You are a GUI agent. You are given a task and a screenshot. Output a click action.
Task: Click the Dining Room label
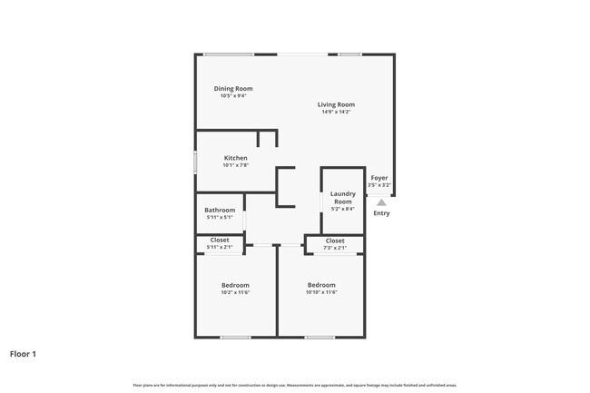coord(233,88)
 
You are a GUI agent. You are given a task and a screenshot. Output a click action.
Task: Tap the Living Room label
coord(336,104)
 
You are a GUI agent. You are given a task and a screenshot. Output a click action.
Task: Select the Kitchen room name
coord(235,158)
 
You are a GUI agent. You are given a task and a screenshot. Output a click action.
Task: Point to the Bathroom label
coord(220,210)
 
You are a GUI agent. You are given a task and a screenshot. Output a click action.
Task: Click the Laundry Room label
coord(342,197)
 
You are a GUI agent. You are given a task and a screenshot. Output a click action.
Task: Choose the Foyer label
coord(379,179)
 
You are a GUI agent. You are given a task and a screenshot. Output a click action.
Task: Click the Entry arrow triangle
coord(381,202)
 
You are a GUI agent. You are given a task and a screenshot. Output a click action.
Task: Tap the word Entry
coord(381,213)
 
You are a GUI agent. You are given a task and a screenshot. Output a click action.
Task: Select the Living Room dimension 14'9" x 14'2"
coord(336,113)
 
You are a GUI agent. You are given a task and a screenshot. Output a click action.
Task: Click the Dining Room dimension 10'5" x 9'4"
coord(233,95)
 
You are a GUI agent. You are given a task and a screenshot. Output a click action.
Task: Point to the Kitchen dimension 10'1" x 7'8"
coord(235,165)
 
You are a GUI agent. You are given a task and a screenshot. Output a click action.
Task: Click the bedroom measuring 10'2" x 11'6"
coord(235,289)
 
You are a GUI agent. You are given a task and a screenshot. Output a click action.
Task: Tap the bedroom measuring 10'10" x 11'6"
coord(320,289)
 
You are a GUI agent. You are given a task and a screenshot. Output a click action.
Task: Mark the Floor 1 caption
coord(23,353)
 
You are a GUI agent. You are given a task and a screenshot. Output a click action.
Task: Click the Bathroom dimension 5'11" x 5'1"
coord(220,217)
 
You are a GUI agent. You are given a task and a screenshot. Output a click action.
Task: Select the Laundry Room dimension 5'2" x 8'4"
coord(342,209)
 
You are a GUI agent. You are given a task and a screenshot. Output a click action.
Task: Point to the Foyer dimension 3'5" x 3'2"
coord(379,185)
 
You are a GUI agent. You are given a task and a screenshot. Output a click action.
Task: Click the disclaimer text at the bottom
coord(295,385)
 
